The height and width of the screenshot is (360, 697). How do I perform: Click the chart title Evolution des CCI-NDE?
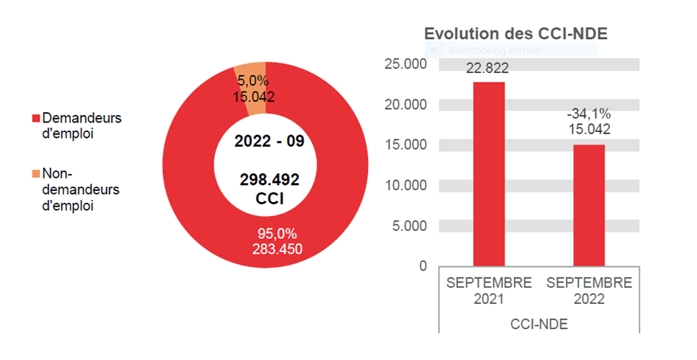[x=520, y=34]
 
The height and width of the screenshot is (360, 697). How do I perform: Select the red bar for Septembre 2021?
[x=488, y=173]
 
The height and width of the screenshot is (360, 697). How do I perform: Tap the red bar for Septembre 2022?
[x=589, y=204]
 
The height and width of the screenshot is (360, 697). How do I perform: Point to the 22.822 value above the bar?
[x=488, y=69]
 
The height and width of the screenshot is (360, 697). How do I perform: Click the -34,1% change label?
[x=589, y=114]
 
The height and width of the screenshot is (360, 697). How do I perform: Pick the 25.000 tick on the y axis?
[x=406, y=64]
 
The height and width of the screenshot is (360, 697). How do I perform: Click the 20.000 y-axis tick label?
[x=406, y=105]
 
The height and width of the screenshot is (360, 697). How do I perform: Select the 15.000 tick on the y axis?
[x=406, y=145]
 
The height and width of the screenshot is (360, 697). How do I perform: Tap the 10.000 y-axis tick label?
[x=406, y=185]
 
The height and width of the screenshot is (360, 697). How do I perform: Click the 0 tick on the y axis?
[x=423, y=266]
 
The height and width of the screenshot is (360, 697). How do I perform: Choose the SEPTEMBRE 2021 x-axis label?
[x=488, y=291]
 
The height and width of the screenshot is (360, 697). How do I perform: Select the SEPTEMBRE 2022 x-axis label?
[x=589, y=291]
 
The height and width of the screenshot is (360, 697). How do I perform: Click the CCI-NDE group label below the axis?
[x=538, y=323]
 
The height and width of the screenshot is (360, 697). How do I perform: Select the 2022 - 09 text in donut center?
[x=265, y=142]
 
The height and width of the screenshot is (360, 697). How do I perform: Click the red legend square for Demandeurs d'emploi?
[x=35, y=119]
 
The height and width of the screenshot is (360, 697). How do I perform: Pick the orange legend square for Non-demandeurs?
[x=35, y=174]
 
